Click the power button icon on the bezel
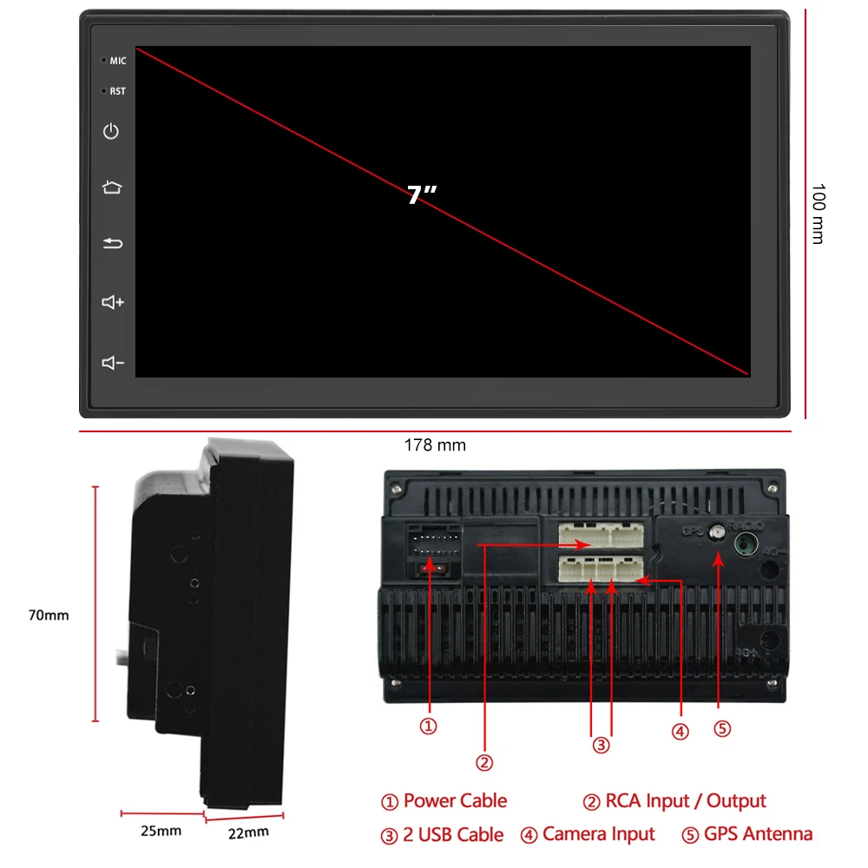click(111, 131)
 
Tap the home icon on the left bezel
click(112, 187)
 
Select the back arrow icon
click(113, 244)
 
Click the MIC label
click(118, 61)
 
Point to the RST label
click(118, 91)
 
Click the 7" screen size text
click(421, 195)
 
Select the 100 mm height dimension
click(817, 213)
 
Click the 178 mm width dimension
click(435, 445)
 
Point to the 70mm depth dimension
click(49, 615)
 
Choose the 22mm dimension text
click(247, 833)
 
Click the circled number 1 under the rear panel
click(428, 726)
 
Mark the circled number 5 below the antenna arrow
click(722, 728)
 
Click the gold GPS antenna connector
click(718, 533)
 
